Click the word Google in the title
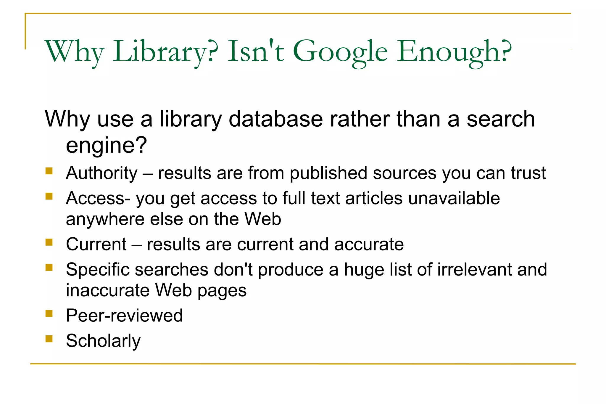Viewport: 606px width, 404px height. coord(340,52)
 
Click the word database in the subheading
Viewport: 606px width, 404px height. coord(275,119)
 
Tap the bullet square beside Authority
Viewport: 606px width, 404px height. coord(49,171)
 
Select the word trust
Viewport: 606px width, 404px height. coord(528,173)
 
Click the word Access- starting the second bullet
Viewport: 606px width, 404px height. coord(98,198)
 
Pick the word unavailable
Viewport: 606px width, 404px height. coord(454,198)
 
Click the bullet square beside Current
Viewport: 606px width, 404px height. coord(49,242)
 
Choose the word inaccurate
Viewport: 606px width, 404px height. coord(107,290)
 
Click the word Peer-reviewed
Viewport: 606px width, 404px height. coord(124,316)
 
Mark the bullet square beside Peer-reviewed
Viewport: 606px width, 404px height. coord(49,313)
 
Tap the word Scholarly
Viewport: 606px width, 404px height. coord(103,341)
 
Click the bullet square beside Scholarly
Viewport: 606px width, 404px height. coord(49,339)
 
